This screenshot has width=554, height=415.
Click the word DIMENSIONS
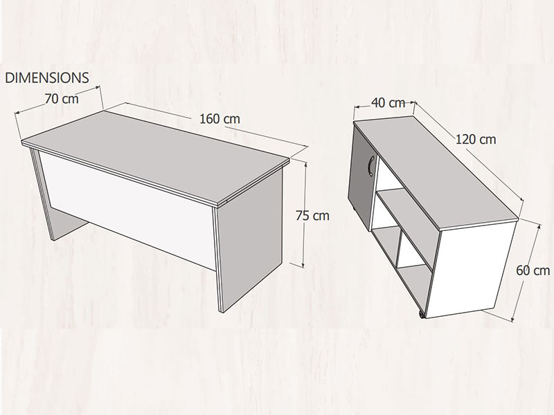[x=46, y=78]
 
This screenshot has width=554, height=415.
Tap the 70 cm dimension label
[x=62, y=99]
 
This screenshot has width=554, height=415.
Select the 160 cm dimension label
[x=220, y=119]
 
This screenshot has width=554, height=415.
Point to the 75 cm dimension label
[x=312, y=216]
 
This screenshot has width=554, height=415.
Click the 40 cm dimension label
[x=388, y=102]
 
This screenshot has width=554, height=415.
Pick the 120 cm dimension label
[x=476, y=140]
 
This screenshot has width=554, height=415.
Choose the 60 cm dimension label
[x=533, y=270]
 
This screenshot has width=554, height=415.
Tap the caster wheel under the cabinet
[x=421, y=315]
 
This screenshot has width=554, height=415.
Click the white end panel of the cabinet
[x=473, y=269]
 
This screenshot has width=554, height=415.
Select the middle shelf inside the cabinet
[x=406, y=219]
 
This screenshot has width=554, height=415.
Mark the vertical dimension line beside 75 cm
[x=303, y=214]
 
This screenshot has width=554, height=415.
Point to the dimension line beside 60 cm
[x=526, y=273]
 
